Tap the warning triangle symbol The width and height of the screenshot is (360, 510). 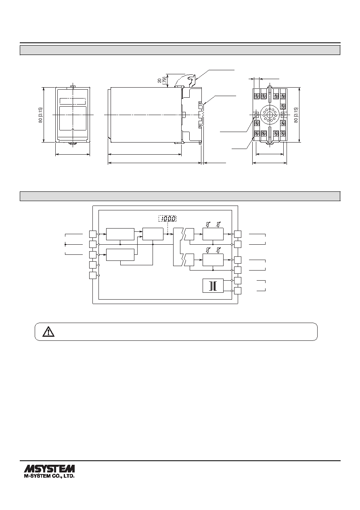pos(48,332)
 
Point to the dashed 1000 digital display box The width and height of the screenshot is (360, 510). pos(167,219)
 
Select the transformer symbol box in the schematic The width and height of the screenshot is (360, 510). pos(213,286)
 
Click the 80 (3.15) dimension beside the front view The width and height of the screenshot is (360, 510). pos(40,115)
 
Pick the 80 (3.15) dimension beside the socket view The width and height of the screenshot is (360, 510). pos(296,115)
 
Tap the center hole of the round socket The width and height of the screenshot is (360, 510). pos(270,115)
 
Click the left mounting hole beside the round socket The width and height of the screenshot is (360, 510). pos(256,114)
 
